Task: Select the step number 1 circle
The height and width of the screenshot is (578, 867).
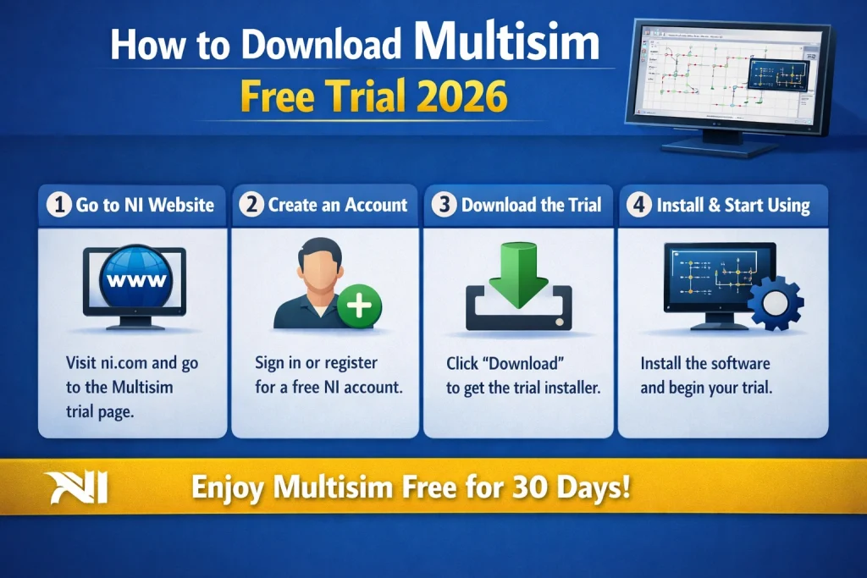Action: tap(58, 206)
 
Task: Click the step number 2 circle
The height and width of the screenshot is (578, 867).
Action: tap(251, 206)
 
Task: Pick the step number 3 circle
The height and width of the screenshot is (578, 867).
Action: tap(445, 206)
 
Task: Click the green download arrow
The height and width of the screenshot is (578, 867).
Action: tap(518, 270)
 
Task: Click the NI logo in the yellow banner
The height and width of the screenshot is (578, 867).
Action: tap(75, 489)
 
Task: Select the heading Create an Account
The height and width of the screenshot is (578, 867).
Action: tap(338, 206)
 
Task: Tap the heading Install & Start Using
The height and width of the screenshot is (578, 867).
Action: tap(733, 206)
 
